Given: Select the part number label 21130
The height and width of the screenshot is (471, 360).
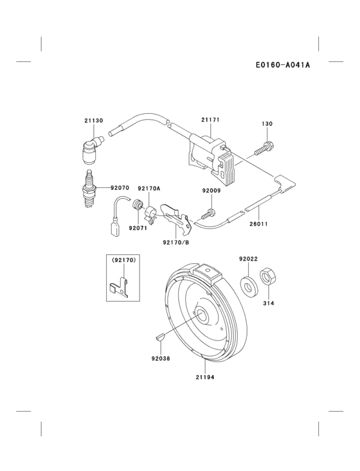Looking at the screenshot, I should (x=93, y=120).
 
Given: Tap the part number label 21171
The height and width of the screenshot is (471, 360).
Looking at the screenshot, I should (x=210, y=120).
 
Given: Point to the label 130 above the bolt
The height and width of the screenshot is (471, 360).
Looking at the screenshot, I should (x=267, y=124).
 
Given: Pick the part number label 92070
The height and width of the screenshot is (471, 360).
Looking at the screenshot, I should (x=120, y=188).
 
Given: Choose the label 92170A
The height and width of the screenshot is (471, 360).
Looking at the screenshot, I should (x=149, y=188).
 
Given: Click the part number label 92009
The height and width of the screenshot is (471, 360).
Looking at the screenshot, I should (x=211, y=190).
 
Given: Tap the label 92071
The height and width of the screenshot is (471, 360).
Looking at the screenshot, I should (x=138, y=228).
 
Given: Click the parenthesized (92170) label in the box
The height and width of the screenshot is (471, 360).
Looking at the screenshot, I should (x=122, y=261).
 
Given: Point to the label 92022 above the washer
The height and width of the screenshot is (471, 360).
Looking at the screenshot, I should (x=248, y=259).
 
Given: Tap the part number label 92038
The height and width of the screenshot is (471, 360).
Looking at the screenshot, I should (x=162, y=358).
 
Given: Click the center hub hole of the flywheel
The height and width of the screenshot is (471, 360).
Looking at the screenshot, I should (x=201, y=315).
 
